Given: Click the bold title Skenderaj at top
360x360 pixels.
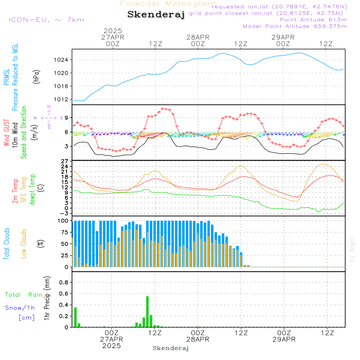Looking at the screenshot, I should (x=156, y=15).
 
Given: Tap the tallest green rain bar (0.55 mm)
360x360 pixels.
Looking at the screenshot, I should (x=147, y=311).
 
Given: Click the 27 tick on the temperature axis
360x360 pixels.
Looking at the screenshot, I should (x=65, y=161).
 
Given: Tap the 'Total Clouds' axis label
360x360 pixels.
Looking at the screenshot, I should (x=6, y=244).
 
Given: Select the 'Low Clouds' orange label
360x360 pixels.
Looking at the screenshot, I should (x=24, y=244).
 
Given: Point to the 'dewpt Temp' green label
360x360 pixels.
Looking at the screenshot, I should (x=32, y=190).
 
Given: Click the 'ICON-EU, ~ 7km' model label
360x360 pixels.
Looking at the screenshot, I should (x=46, y=20).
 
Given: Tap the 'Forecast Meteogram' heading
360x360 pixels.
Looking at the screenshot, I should (x=168, y=4).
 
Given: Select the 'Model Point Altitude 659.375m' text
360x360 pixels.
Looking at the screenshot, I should (x=295, y=26).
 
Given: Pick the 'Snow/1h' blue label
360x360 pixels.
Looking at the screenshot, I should (x=20, y=307).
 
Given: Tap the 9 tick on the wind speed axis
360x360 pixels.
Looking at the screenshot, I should (x=67, y=118).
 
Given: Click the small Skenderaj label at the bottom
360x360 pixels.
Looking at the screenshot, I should (x=171, y=348).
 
